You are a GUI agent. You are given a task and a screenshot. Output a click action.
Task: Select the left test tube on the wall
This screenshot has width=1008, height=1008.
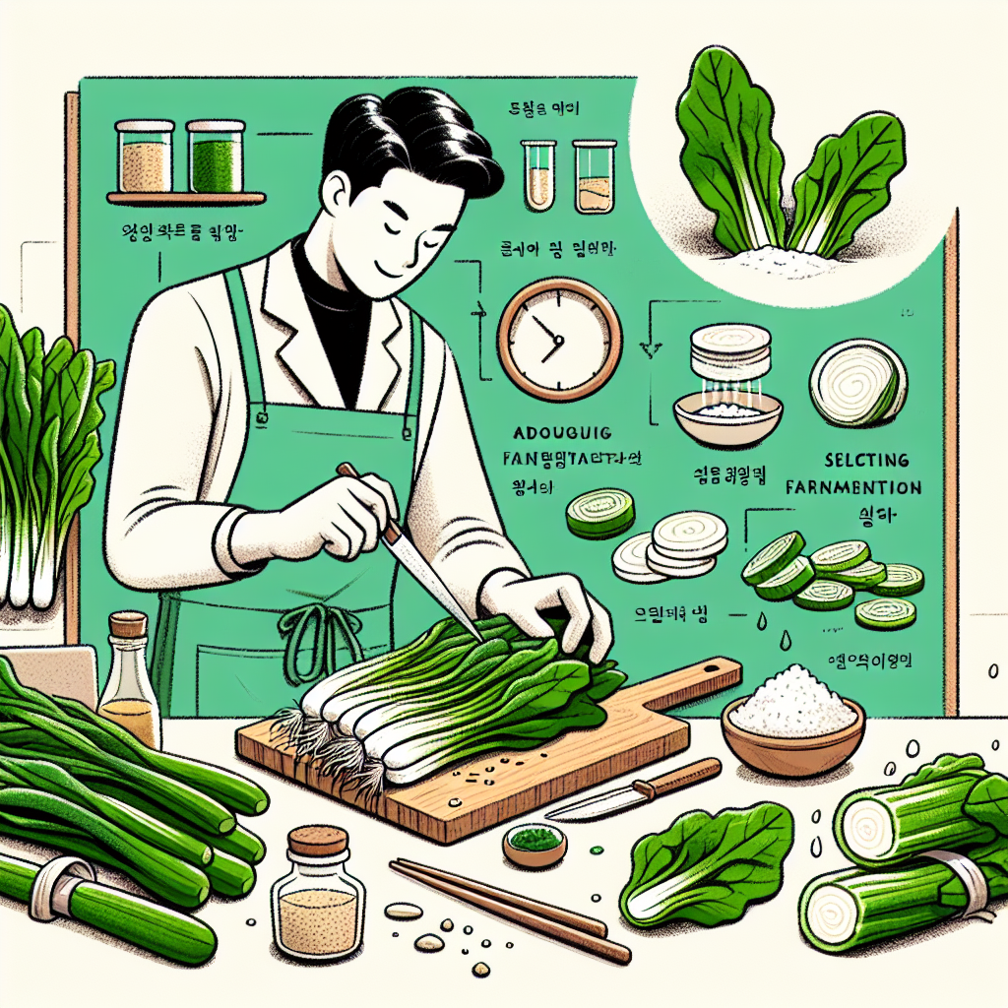(537, 174)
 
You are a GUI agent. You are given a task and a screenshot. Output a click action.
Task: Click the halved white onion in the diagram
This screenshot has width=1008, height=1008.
(857, 383)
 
